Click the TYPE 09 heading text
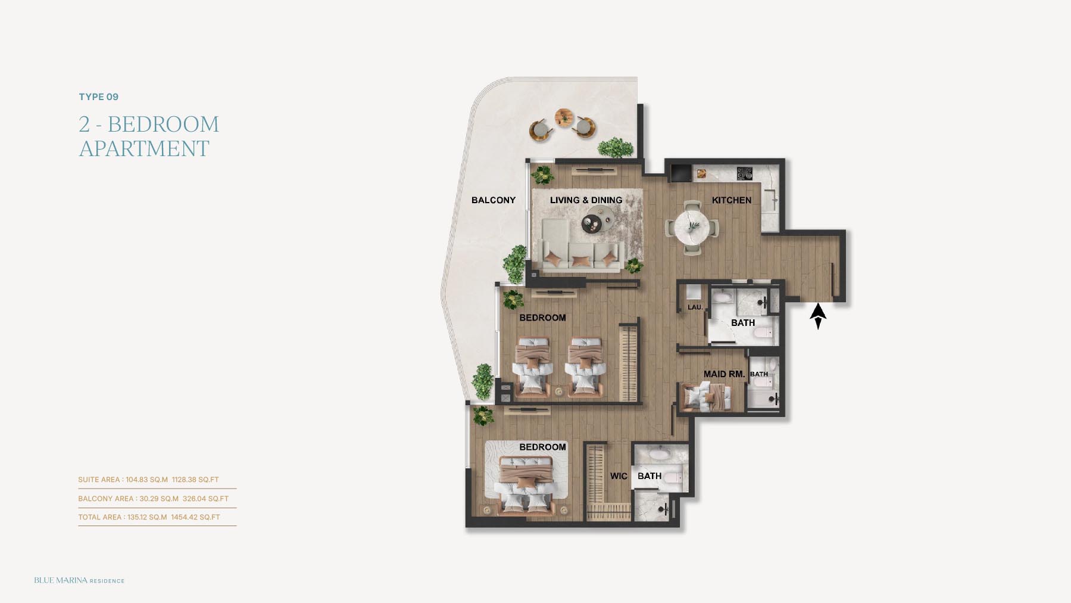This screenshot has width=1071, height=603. [99, 97]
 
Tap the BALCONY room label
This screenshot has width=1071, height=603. [494, 200]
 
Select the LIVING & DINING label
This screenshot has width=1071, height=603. [586, 200]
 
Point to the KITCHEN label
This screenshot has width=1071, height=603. [732, 200]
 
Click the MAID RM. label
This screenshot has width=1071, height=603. [724, 374]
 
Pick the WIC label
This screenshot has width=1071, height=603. [619, 476]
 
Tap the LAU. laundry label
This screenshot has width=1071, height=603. [695, 307]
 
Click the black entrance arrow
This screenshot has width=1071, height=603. [818, 316]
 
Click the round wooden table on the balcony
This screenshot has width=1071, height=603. [563, 117]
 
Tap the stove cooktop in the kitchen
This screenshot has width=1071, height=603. [745, 173]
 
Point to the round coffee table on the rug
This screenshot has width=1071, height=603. [592, 224]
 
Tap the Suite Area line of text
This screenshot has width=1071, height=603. [148, 480]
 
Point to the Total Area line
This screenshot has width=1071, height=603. [149, 517]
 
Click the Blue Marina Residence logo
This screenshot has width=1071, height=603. [79, 580]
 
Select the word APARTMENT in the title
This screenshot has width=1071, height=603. [144, 149]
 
